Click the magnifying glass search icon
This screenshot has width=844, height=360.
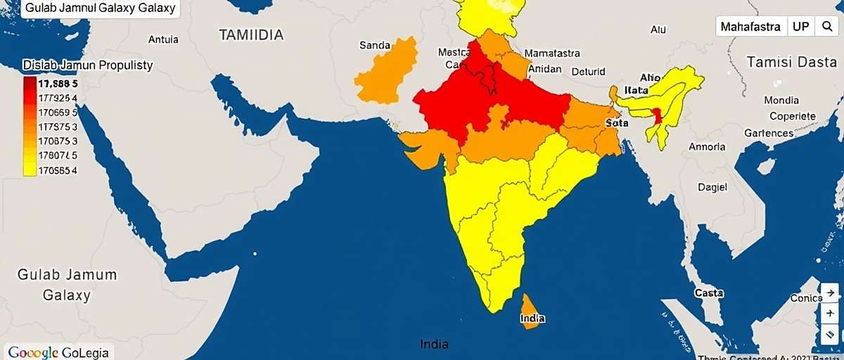point(826,27)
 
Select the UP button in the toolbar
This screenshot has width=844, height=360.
point(800,27)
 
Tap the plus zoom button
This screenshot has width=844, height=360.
point(831,313)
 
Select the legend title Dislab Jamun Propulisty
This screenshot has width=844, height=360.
point(88,65)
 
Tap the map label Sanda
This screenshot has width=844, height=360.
point(375,46)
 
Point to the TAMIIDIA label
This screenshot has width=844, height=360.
point(251,34)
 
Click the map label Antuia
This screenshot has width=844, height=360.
point(163,39)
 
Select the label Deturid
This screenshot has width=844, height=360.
point(588,71)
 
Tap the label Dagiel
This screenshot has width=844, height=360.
point(712,188)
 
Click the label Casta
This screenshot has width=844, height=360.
point(708,292)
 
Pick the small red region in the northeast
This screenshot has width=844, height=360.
point(658,116)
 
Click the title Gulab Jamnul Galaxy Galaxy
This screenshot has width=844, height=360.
point(99,9)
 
